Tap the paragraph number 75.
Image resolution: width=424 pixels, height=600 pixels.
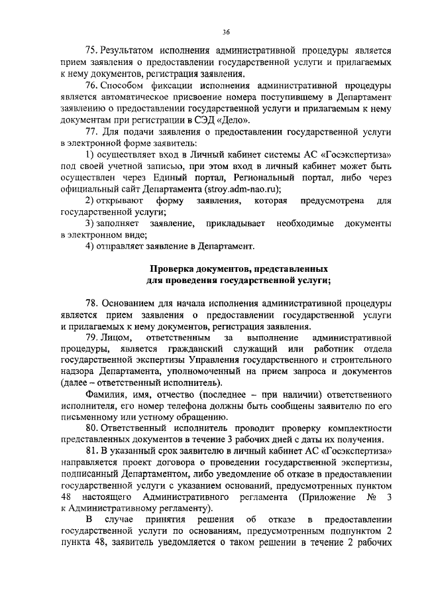[x=92, y=50]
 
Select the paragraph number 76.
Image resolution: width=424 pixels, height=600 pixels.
[x=92, y=86]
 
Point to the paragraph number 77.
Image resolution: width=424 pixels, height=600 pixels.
[x=92, y=131]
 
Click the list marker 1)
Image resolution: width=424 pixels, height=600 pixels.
[x=91, y=154]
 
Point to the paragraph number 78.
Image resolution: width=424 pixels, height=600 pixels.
[x=92, y=304]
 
